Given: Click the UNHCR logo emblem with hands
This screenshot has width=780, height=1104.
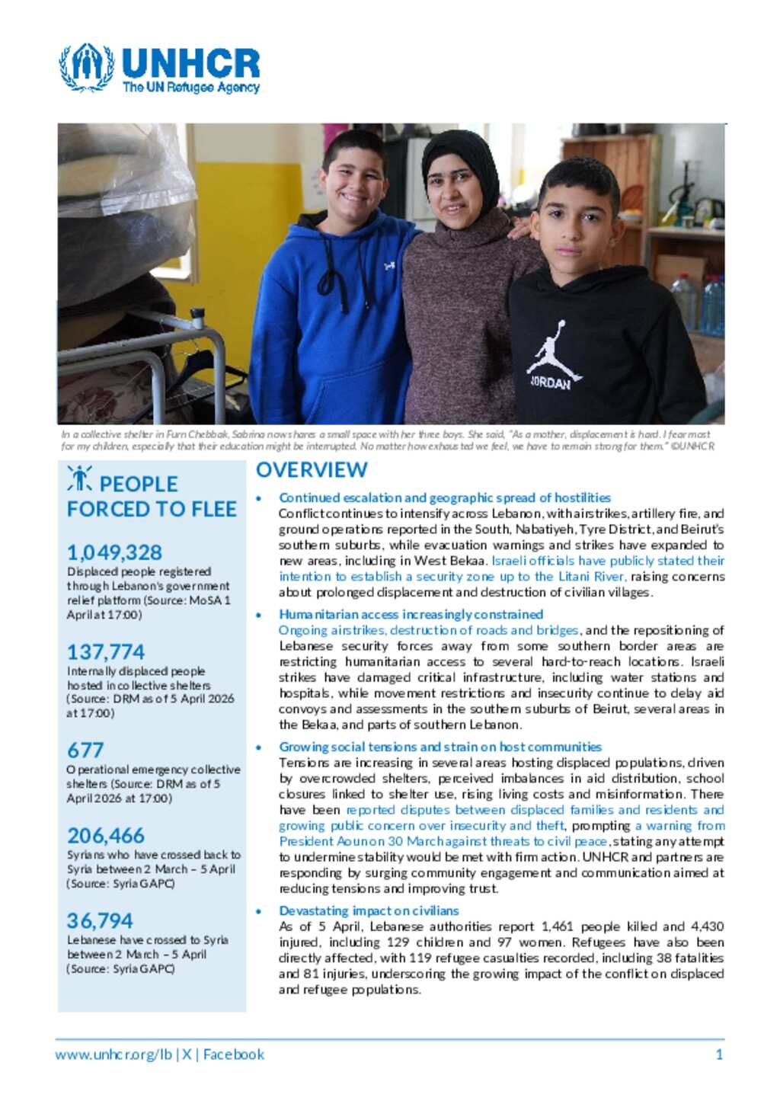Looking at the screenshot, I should [87, 67].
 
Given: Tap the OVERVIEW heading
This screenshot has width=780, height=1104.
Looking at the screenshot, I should [312, 470].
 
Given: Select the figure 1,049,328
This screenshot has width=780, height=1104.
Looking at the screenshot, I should [114, 552].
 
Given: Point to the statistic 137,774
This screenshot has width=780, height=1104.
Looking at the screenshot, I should [106, 651].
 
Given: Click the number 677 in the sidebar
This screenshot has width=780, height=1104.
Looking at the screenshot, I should [85, 750].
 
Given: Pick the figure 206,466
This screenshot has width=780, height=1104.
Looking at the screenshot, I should [106, 835].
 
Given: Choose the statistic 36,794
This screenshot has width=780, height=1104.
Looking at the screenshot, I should [100, 920].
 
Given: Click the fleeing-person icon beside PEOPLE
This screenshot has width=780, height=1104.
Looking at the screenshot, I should [79, 478].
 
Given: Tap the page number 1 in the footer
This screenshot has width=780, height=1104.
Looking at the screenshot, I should [719, 1054].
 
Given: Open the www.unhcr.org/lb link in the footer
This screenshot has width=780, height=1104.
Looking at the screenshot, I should [113, 1054].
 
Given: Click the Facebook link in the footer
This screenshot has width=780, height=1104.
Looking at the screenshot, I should [234, 1054].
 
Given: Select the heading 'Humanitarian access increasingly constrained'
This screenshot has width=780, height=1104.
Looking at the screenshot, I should [411, 614].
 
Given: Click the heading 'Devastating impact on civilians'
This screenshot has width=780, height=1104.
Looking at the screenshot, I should [369, 910].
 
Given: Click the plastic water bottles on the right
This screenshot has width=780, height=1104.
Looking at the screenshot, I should [698, 301].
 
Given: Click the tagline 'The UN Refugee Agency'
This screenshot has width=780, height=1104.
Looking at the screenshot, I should [191, 88].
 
